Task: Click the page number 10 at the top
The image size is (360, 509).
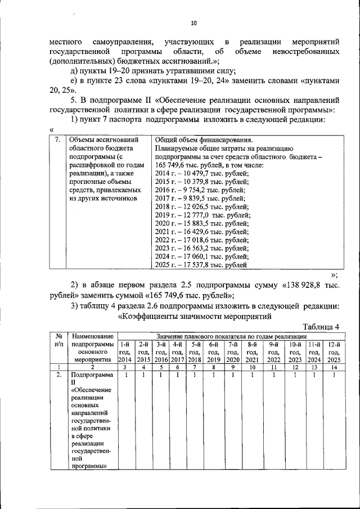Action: pyautogui.click(x=193, y=23)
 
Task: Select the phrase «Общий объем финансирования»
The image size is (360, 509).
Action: pyautogui.click(x=203, y=140)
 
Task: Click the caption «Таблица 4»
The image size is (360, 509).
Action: pyautogui.click(x=321, y=327)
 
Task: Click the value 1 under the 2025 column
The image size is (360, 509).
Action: pyautogui.click(x=334, y=375)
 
